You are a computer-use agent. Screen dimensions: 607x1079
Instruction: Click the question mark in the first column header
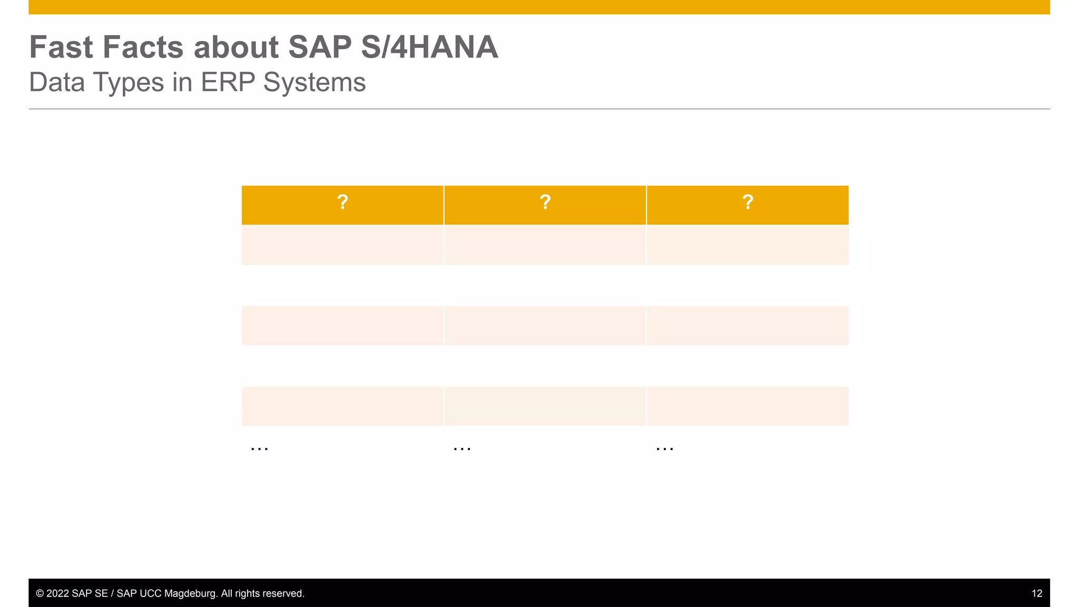[x=342, y=202]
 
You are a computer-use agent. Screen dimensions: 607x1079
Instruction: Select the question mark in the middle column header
[x=545, y=202]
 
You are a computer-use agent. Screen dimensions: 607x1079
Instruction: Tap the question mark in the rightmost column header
[x=748, y=202]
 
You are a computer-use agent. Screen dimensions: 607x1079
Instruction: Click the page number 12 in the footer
[x=1036, y=593]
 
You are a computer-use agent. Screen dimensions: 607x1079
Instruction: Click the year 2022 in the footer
[x=57, y=593]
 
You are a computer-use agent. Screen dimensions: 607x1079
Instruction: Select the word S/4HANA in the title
[x=429, y=47]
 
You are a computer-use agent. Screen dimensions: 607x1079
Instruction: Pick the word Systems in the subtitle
[x=315, y=83]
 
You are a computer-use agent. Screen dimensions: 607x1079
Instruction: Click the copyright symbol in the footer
[x=40, y=593]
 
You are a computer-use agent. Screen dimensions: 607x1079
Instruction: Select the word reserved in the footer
[x=285, y=593]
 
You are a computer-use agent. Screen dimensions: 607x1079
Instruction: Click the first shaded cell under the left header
[x=342, y=245]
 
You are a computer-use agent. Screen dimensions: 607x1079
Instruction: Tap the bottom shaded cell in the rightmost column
[x=748, y=406]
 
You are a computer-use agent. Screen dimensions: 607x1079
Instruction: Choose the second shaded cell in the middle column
[x=545, y=326]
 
